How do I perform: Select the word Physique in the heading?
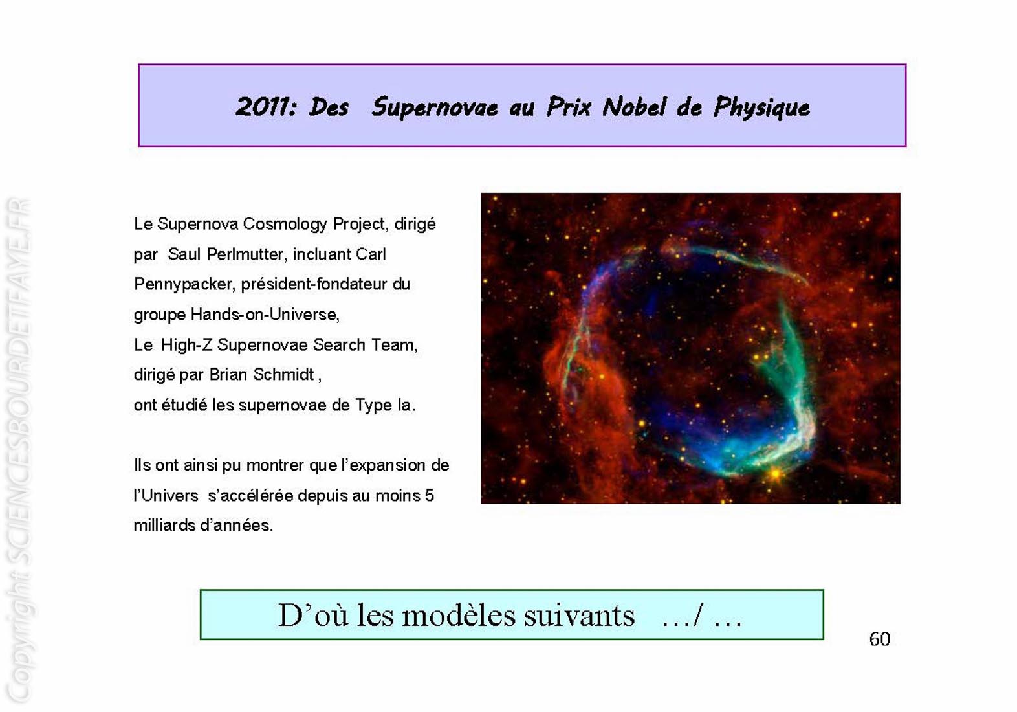[761, 108]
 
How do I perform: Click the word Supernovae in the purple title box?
[435, 108]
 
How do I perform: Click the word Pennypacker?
[184, 284]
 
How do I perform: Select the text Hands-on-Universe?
[265, 315]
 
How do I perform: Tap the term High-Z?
[186, 345]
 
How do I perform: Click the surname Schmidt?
[284, 374]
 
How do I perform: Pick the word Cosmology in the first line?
[285, 224]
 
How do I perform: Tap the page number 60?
[879, 640]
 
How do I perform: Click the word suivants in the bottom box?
[579, 616]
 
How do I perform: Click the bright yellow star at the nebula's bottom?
[775, 475]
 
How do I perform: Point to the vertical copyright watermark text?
[19, 450]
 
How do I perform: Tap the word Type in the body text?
[373, 405]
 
